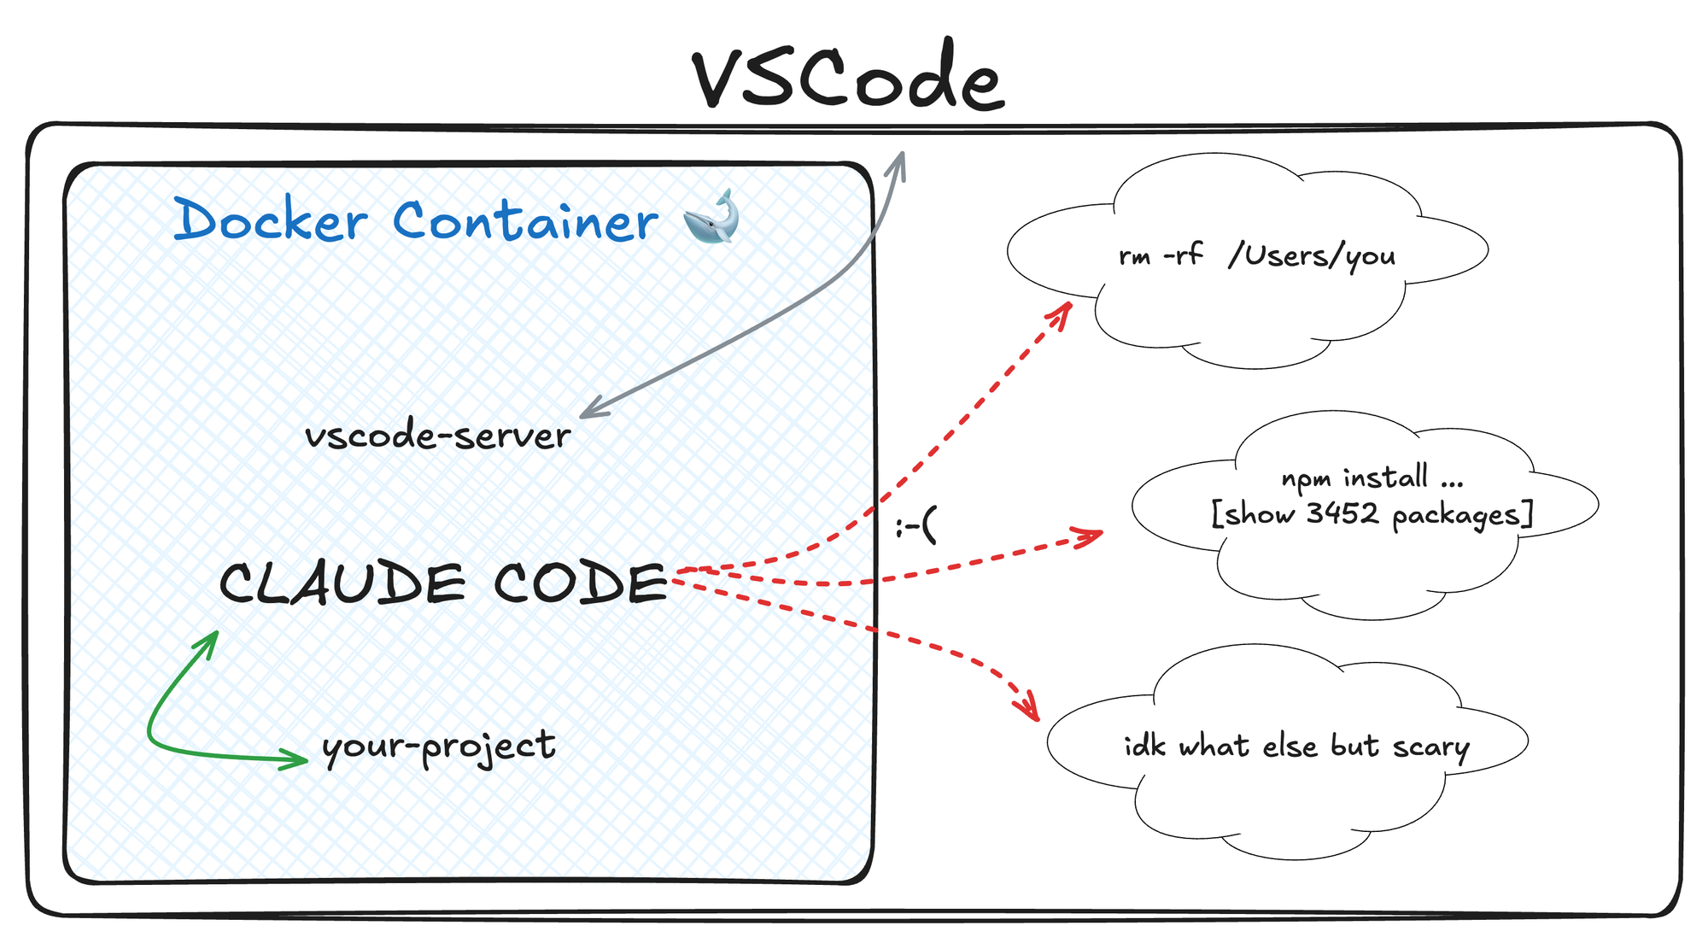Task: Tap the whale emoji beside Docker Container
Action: tap(711, 217)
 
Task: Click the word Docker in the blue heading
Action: tap(270, 220)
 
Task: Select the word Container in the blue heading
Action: tap(524, 220)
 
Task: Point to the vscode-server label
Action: tap(437, 436)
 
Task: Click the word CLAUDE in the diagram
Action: tap(342, 584)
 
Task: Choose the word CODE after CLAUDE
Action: tap(580, 584)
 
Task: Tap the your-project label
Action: tap(439, 747)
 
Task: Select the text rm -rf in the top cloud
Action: tap(1161, 255)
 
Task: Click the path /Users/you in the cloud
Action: tap(1312, 255)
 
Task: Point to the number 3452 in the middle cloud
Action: tap(1342, 513)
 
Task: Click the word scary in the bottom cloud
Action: tap(1430, 747)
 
